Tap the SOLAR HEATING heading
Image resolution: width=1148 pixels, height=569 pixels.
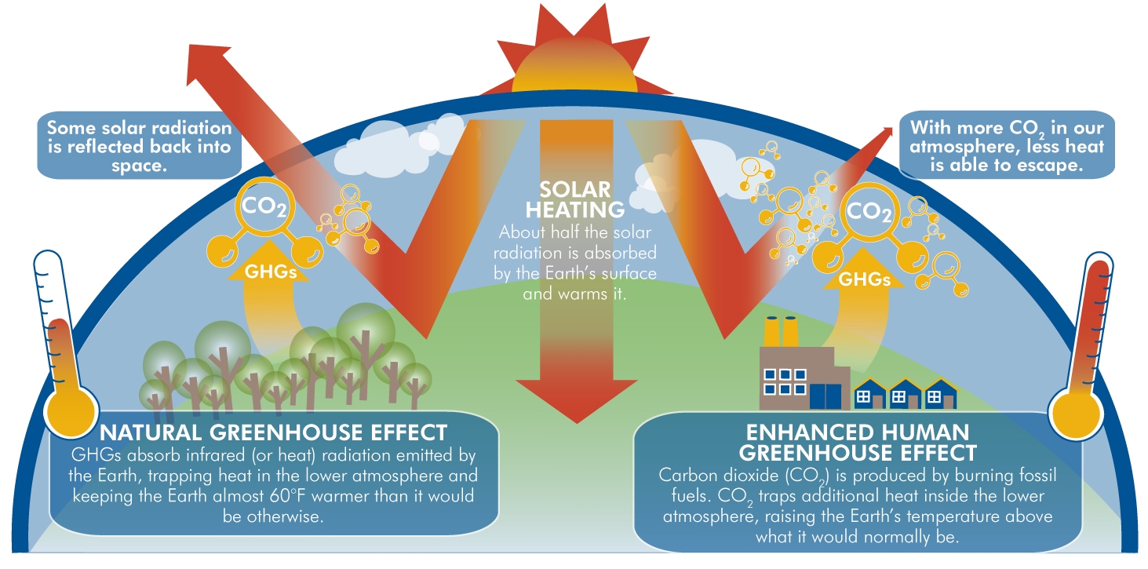click(x=575, y=199)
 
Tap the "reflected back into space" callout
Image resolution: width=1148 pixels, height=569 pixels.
click(x=138, y=146)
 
